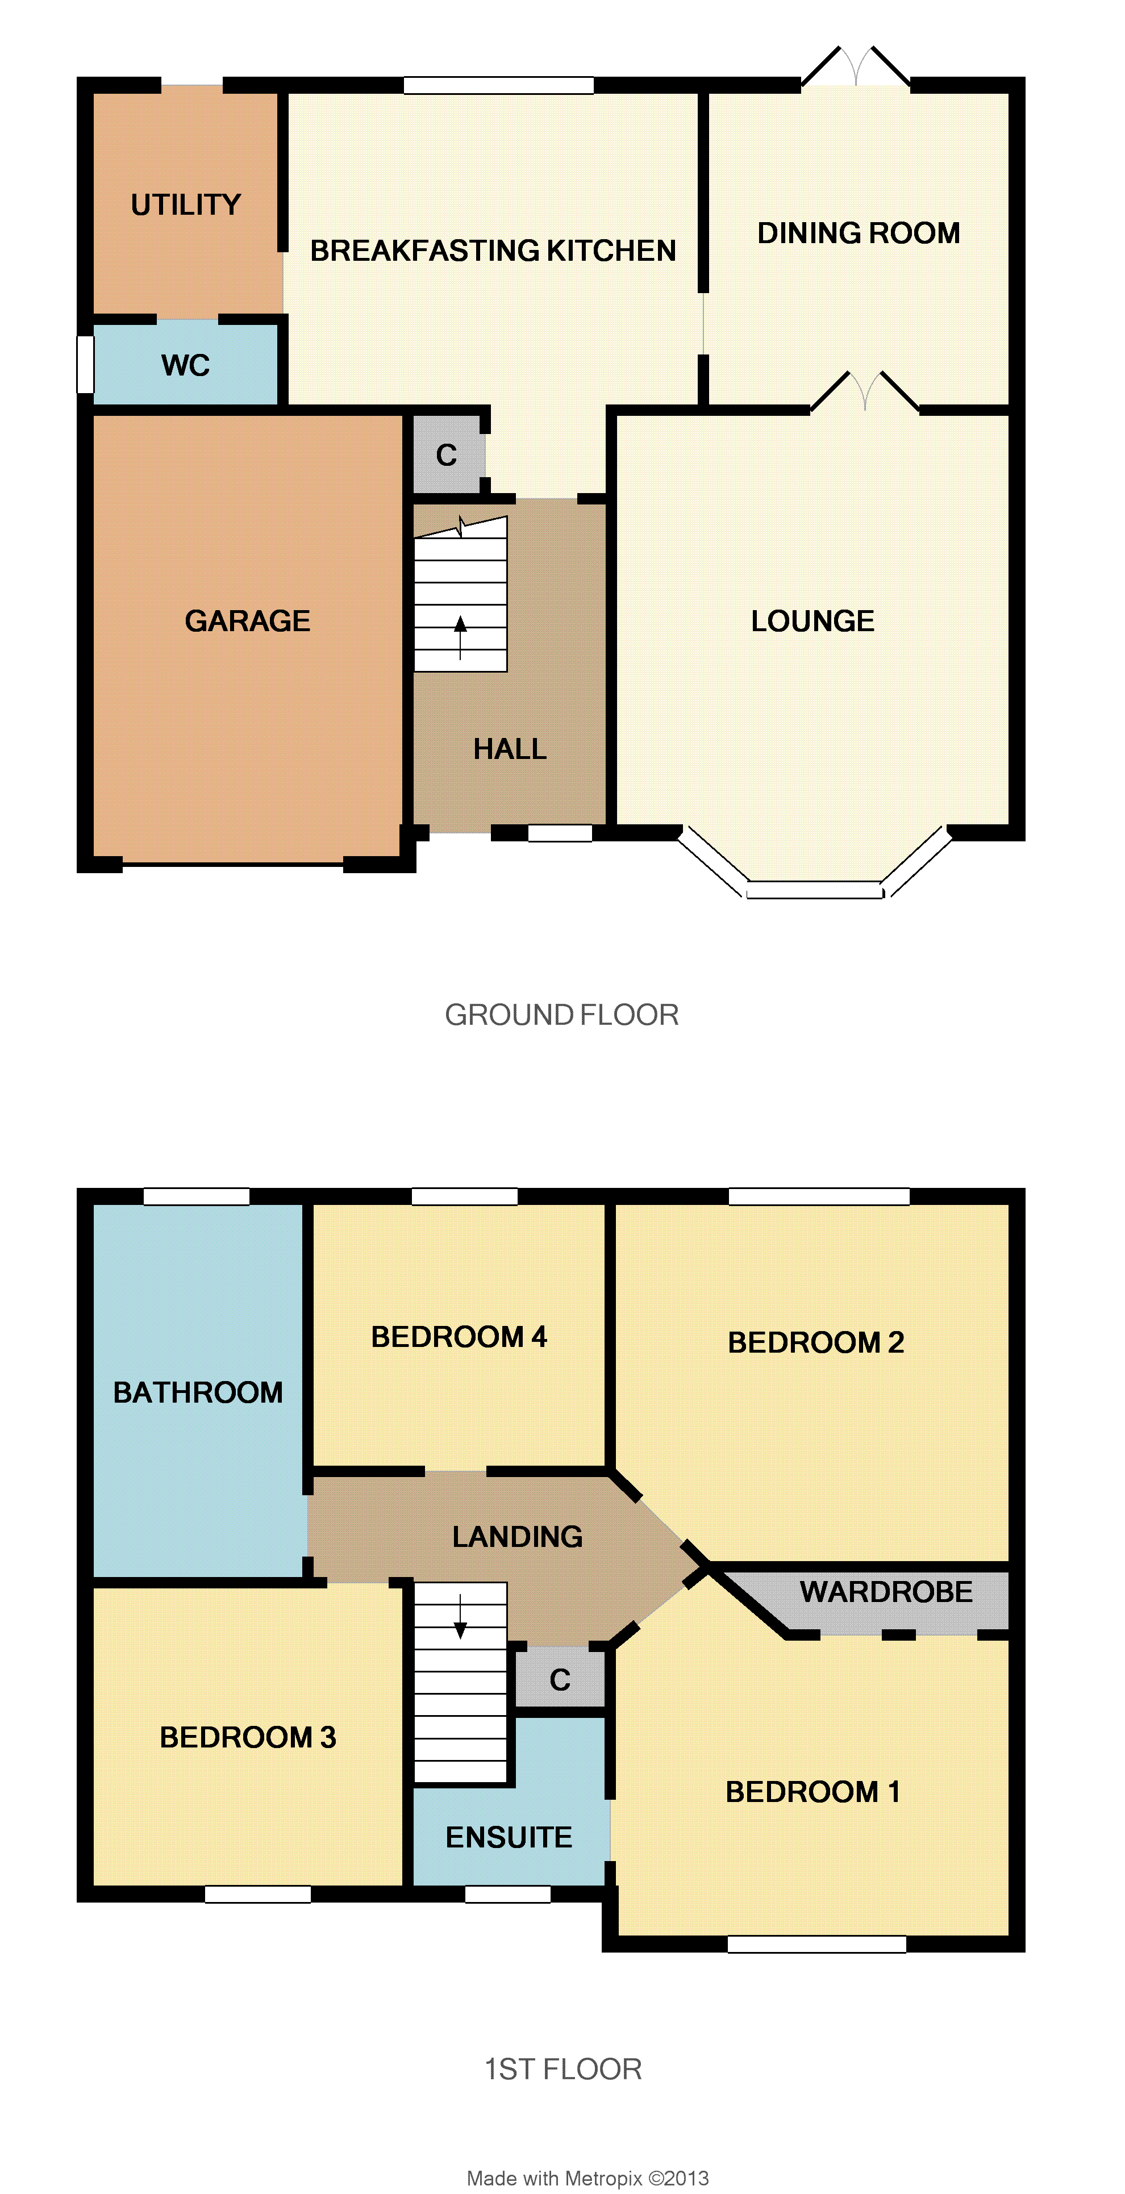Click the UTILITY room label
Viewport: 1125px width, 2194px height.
(186, 205)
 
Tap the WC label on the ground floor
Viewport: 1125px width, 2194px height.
(186, 365)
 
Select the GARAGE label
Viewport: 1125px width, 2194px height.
(247, 621)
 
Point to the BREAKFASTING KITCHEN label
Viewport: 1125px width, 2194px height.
(493, 251)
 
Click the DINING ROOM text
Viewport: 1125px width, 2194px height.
(859, 232)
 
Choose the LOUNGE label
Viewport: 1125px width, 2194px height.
(813, 621)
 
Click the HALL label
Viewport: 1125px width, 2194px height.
(510, 749)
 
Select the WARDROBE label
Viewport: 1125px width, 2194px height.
(886, 1592)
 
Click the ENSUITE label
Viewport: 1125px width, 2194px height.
(509, 1837)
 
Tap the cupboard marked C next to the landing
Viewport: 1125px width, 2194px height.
(560, 1679)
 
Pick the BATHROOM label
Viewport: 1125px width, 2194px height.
(198, 1392)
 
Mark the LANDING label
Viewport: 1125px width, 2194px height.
(517, 1537)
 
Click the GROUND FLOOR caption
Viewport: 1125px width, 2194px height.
(562, 1015)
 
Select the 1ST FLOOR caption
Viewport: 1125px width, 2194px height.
(563, 2069)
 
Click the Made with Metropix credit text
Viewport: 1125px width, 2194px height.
(587, 2178)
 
